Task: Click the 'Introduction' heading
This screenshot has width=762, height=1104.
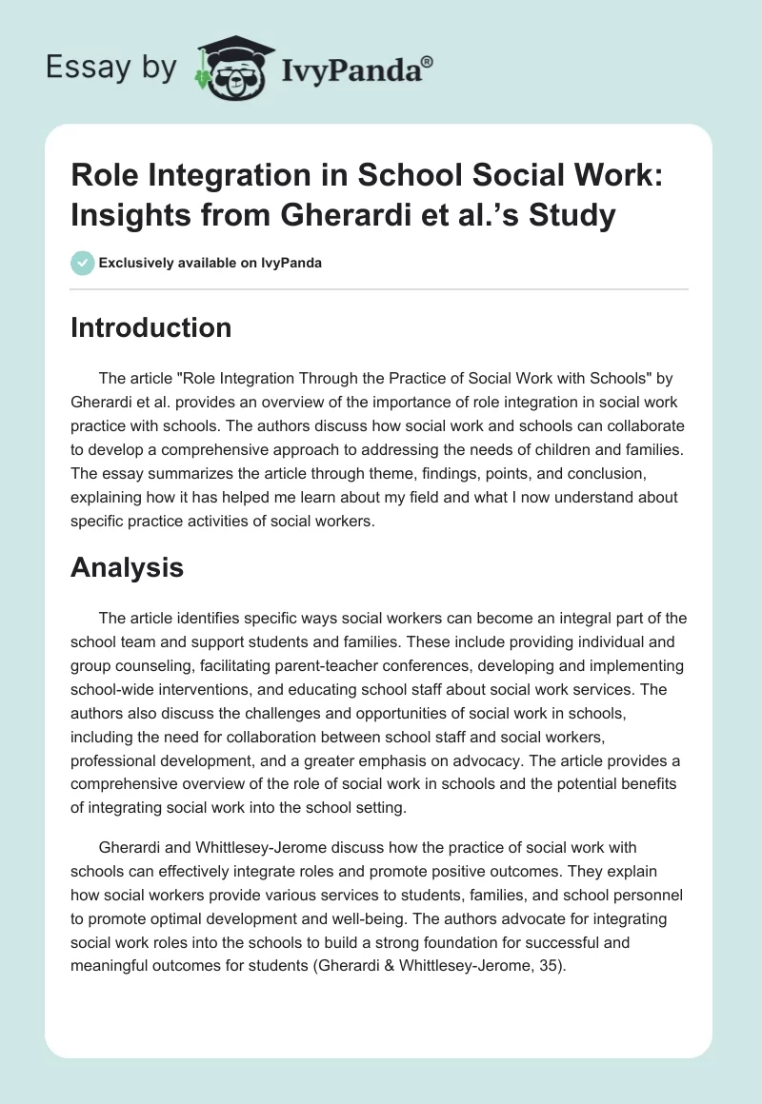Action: [x=150, y=327]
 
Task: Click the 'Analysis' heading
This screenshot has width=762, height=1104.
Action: [x=127, y=568]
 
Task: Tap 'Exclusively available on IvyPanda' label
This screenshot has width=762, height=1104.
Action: [x=210, y=263]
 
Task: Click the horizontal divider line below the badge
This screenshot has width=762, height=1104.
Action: [x=381, y=288]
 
